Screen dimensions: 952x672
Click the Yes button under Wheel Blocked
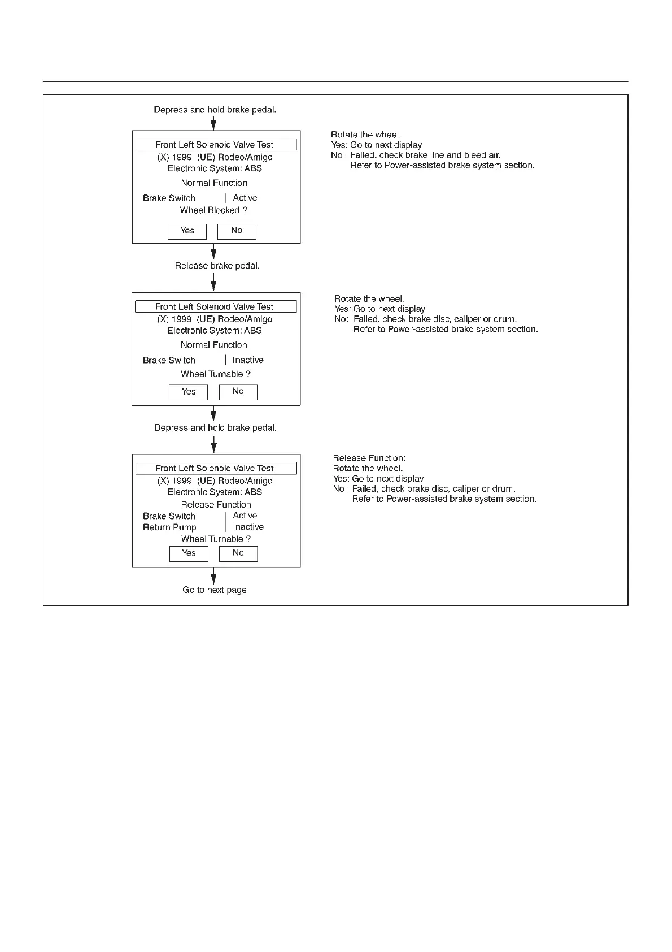tap(187, 231)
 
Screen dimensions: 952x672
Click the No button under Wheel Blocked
tap(237, 231)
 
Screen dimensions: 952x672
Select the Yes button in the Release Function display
tap(189, 553)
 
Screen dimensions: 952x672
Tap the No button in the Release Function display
tap(238, 553)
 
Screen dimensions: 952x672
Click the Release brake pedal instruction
tap(217, 266)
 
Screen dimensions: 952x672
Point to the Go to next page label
tap(215, 590)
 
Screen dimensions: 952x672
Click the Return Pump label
tap(169, 527)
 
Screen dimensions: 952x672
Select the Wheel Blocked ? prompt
tap(213, 210)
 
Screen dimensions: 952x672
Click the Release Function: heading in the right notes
tap(369, 458)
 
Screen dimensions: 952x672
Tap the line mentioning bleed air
tap(425, 155)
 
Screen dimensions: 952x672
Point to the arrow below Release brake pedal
tap(213, 282)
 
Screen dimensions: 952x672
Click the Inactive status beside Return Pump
tap(248, 527)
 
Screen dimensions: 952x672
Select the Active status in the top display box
tap(245, 198)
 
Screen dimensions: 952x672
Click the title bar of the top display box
tap(216, 145)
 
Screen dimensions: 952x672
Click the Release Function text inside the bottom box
tap(216, 505)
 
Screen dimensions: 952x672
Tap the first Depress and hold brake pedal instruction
tap(215, 110)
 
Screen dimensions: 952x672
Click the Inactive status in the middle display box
tap(248, 360)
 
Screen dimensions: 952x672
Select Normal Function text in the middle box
tap(213, 345)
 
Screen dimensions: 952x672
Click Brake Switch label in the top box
tap(169, 198)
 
